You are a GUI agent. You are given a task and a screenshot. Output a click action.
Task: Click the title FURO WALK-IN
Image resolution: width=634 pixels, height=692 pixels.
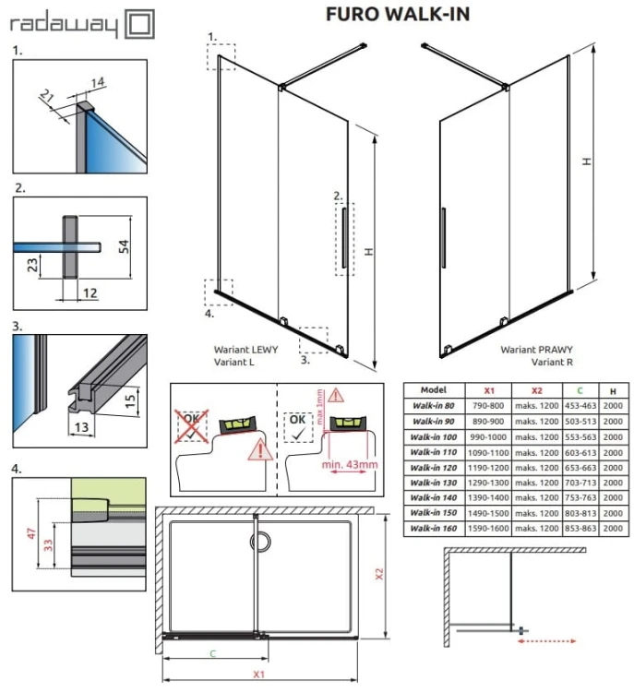[x=397, y=14]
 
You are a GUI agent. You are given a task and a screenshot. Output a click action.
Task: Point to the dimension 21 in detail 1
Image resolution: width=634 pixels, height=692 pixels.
[x=48, y=95]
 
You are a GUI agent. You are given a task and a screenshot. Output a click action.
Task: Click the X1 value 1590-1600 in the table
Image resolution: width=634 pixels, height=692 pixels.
[x=489, y=530]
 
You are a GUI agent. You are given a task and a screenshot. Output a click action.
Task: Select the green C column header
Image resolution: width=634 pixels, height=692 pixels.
[x=579, y=390]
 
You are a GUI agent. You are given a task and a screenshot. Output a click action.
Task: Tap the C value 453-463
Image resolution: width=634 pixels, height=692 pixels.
[x=579, y=407]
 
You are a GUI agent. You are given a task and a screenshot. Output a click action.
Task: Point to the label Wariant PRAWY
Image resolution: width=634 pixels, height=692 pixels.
[x=536, y=351]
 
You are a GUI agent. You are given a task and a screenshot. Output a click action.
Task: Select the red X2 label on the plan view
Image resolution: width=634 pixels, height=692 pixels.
[x=379, y=572]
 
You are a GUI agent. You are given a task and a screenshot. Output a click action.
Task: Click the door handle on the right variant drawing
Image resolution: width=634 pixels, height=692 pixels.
[x=444, y=237]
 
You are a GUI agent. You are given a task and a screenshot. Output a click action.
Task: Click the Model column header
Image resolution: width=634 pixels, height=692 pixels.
[x=433, y=390]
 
